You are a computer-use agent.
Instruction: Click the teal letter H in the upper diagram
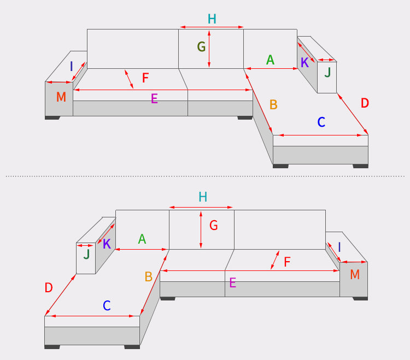tap(212, 19)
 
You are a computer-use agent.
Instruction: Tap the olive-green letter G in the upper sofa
tap(201, 47)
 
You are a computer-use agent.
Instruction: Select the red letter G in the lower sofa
tap(214, 225)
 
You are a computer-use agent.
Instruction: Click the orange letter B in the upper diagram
tap(273, 104)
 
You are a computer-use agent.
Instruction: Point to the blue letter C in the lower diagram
tap(107, 305)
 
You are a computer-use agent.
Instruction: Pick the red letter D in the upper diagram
tap(365, 103)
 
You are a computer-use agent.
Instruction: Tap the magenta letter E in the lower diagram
tap(233, 282)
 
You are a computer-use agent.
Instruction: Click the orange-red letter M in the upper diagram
tap(61, 97)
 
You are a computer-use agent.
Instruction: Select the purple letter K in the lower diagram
tap(107, 244)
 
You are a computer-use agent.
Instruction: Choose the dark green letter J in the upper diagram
tap(327, 72)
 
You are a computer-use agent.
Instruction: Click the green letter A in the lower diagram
tap(142, 239)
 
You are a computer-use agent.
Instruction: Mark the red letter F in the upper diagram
tap(145, 78)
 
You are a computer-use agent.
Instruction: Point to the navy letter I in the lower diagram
tap(339, 247)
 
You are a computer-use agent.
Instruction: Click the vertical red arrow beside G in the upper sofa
tap(209, 49)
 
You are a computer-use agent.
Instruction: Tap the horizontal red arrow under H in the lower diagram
tap(201, 207)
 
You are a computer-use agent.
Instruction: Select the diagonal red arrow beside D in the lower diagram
tap(60, 294)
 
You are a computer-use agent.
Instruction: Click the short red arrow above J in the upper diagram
tap(326, 60)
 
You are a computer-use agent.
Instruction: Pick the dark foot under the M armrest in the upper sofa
tap(52, 118)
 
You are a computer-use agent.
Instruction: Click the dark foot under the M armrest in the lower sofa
tap(360, 299)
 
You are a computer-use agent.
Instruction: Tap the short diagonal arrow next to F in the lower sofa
tap(275, 260)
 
